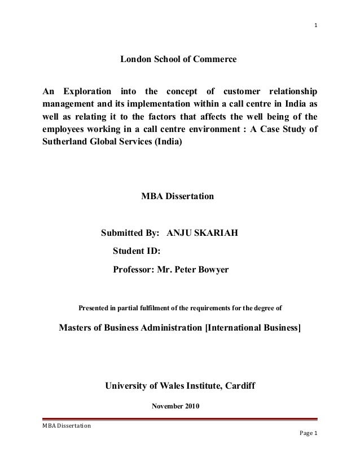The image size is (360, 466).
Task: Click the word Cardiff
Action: tap(243, 386)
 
